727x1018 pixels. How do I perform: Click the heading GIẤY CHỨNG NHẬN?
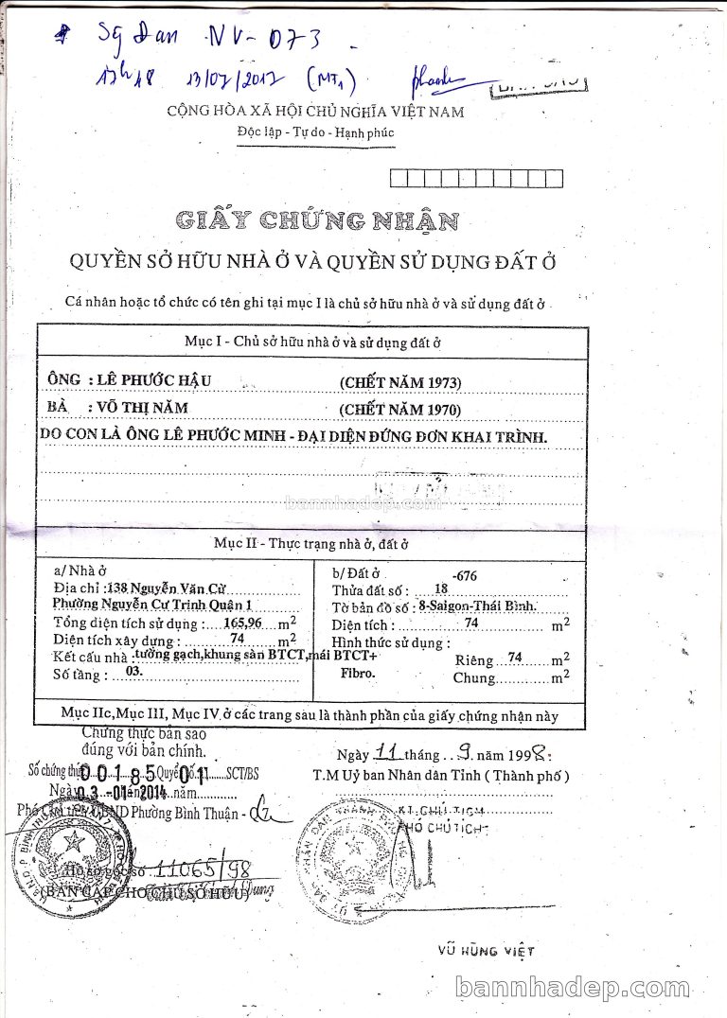point(317,221)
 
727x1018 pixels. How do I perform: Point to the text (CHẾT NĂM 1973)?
point(400,382)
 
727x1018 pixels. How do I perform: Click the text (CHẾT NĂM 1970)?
point(400,409)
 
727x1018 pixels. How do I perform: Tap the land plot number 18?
point(440,589)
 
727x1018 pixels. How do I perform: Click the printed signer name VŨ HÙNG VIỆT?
point(487,950)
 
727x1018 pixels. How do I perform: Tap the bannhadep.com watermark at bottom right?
point(585,989)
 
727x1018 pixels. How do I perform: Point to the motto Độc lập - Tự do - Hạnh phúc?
point(316,133)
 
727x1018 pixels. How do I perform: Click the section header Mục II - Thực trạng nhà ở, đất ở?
point(310,544)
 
